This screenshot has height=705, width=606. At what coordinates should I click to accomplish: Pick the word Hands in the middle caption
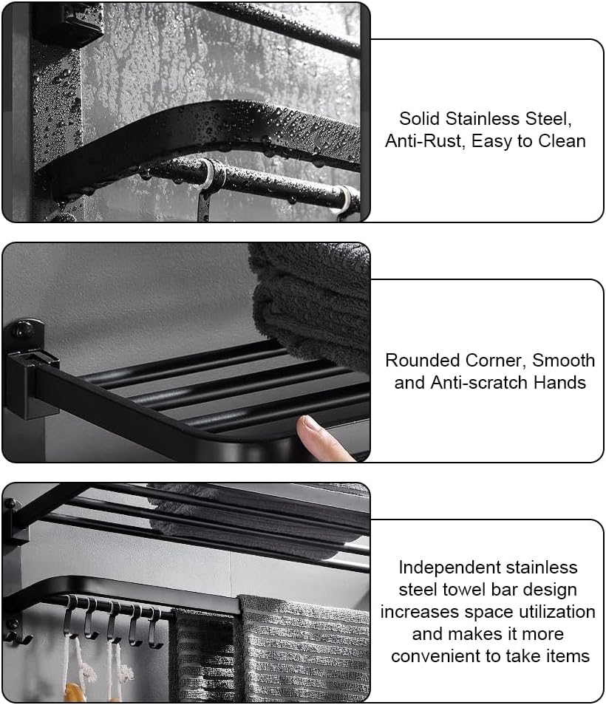click(559, 383)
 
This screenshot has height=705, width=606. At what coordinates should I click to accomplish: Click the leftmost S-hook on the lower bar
click(71, 617)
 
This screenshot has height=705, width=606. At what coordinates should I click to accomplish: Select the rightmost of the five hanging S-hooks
click(155, 628)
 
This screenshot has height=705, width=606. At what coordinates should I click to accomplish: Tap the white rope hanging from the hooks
click(80, 665)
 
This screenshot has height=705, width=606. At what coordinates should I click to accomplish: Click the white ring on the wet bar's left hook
click(208, 174)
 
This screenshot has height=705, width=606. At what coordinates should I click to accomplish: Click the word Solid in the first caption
click(420, 119)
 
